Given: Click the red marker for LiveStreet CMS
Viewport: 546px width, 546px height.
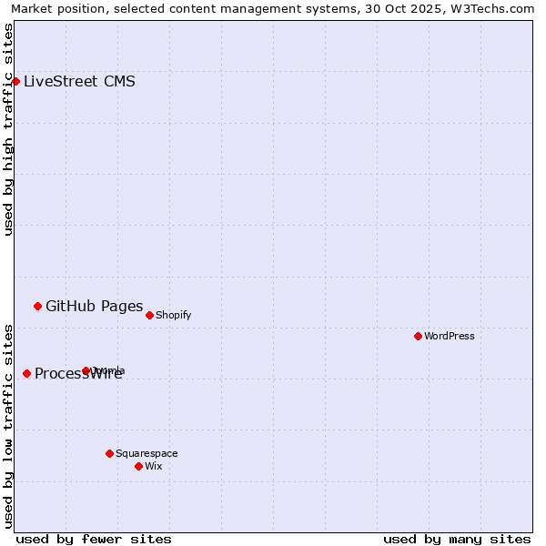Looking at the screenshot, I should [x=15, y=81].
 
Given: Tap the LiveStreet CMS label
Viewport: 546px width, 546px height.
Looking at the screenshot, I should [x=79, y=82].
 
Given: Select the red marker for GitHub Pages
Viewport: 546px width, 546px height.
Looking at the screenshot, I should [x=37, y=306].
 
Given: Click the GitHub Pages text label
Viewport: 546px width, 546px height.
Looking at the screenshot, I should [x=94, y=306].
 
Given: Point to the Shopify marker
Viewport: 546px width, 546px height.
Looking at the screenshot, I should [x=149, y=315].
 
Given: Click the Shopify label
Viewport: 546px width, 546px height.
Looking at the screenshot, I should [x=173, y=316].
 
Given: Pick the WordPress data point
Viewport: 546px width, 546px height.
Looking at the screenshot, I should [x=418, y=336].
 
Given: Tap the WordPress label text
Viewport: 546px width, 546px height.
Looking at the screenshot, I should [x=449, y=337].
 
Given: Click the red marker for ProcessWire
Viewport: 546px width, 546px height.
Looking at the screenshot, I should [x=26, y=373].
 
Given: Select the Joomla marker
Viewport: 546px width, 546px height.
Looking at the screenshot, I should [x=86, y=370].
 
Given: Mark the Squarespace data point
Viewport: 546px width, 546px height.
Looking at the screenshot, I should [x=109, y=453].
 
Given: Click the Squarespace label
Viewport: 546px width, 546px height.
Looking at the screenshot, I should [x=147, y=454].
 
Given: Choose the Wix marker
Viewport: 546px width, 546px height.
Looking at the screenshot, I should [x=138, y=466].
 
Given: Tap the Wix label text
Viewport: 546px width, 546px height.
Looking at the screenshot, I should [x=153, y=467].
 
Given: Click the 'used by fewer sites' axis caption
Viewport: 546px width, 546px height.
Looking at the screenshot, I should [x=94, y=539].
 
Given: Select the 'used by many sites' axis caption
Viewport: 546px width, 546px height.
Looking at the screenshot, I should [x=457, y=539].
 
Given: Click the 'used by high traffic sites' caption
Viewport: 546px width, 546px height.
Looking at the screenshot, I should [x=9, y=129].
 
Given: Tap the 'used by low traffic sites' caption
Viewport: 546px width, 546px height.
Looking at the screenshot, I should [x=9, y=425].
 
